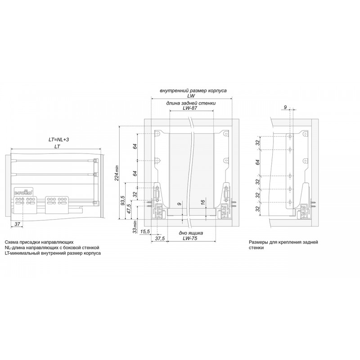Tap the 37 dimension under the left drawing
click(17, 224)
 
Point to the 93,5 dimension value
click(122, 200)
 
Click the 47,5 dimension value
click(129, 209)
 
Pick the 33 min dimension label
click(135, 227)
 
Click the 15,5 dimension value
click(145, 232)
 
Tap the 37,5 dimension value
click(160, 238)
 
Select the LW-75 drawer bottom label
click(190, 238)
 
